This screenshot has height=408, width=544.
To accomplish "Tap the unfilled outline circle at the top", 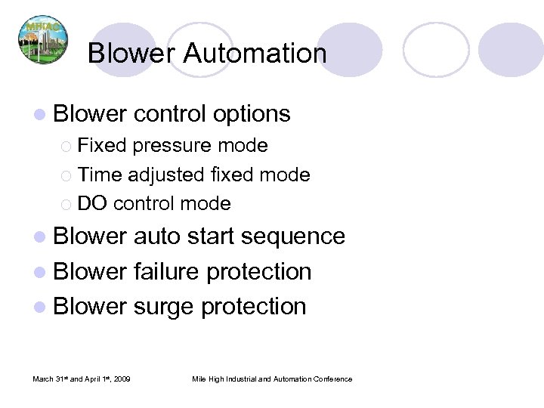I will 436,49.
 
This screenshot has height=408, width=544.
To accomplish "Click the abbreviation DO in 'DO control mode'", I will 93,203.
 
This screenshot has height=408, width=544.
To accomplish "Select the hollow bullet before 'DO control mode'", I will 66,204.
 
